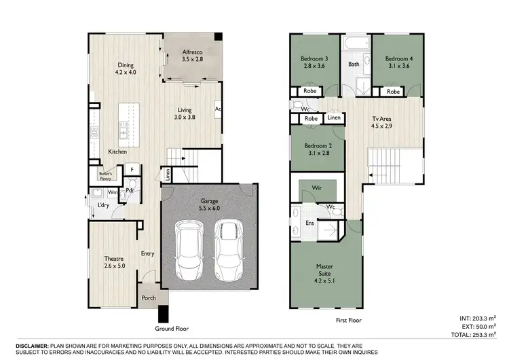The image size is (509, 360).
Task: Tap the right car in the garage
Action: click(228, 249)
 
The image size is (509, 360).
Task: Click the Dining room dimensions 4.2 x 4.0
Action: click(126, 72)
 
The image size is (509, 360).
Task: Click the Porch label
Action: click(149, 298)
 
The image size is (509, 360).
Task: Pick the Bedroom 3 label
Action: click(314, 59)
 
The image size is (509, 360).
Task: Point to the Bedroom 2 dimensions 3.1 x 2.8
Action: click(316, 154)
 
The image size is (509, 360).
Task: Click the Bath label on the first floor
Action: click(354, 65)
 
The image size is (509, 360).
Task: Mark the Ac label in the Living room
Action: click(219, 109)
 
